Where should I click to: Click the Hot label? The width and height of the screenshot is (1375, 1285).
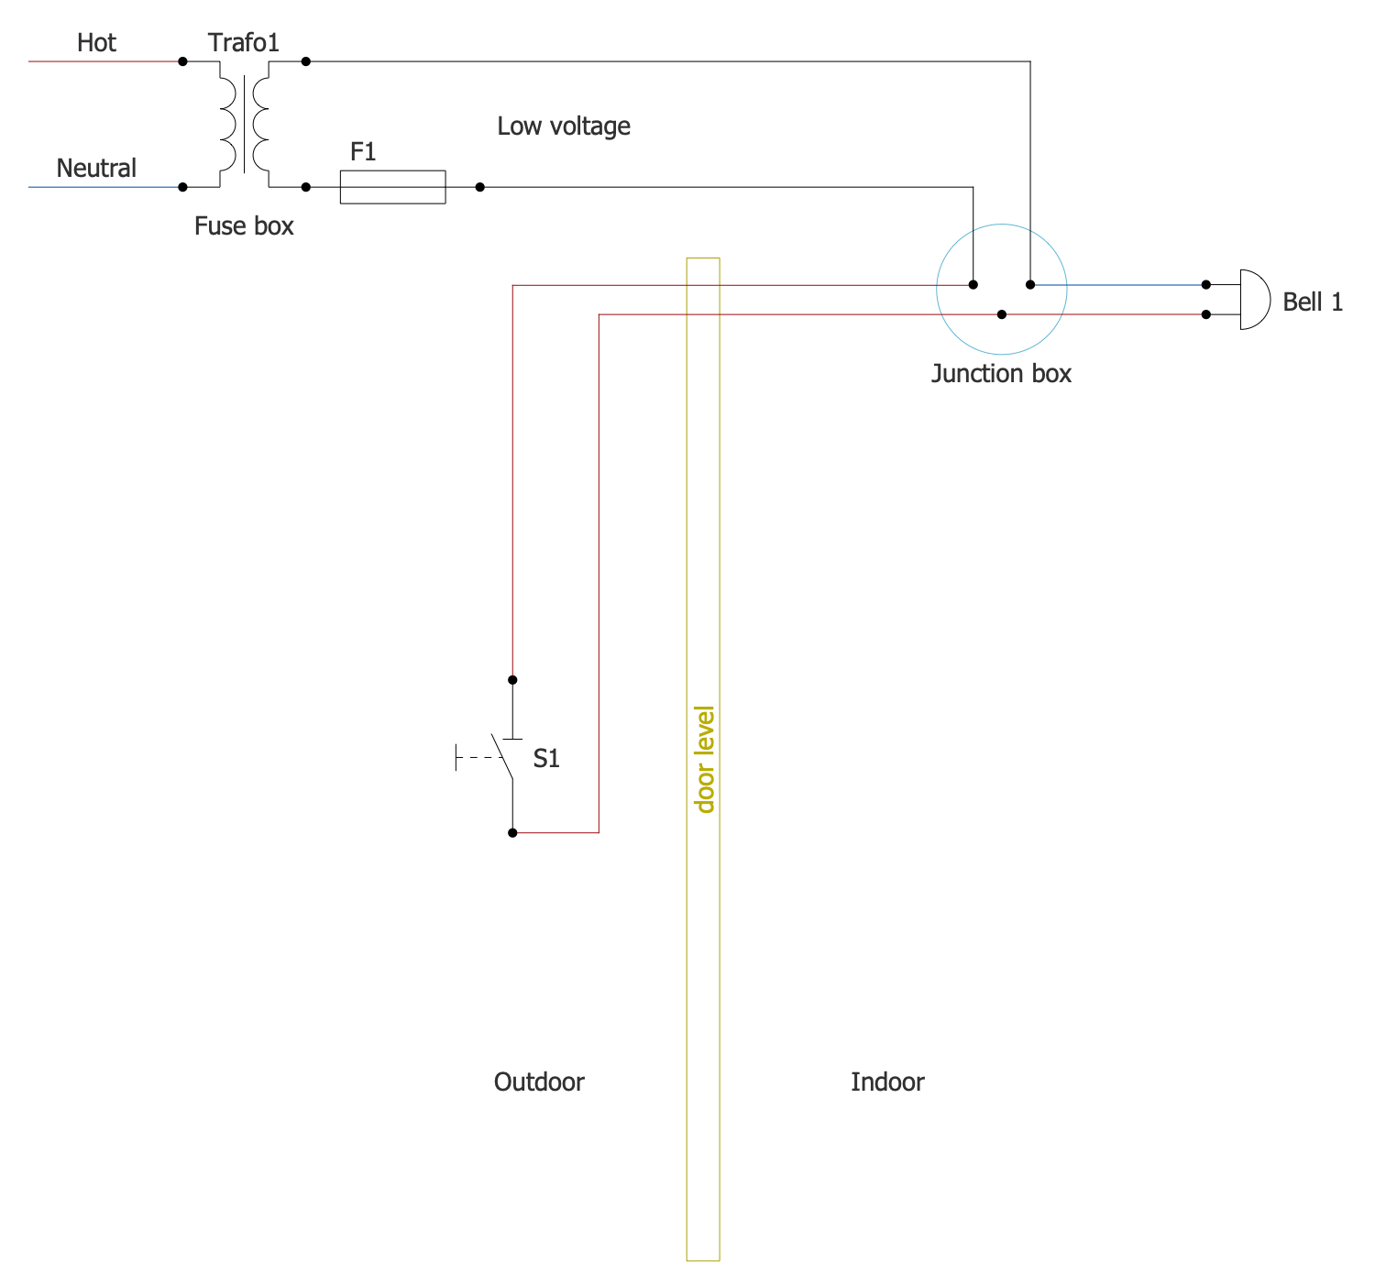[x=96, y=43]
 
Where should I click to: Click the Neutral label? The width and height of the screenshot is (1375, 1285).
[x=96, y=169]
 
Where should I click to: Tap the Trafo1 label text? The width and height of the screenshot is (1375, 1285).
[x=243, y=43]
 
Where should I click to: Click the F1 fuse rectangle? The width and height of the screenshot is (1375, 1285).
[x=392, y=187]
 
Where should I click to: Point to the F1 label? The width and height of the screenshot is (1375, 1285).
[x=363, y=152]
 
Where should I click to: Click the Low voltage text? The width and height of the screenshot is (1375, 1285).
[x=563, y=126]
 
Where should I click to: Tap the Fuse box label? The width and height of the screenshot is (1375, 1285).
[x=244, y=226]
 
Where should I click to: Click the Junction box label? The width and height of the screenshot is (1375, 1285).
[x=1001, y=374]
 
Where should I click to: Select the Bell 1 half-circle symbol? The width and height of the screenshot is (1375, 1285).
[x=1253, y=300]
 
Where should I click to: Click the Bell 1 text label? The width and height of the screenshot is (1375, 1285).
[x=1312, y=302]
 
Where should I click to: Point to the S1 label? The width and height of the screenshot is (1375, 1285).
[x=546, y=759]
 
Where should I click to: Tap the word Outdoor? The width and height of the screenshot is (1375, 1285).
[x=539, y=1082]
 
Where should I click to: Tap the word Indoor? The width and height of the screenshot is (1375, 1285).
[x=886, y=1082]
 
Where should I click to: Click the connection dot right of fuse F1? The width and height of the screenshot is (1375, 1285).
[x=479, y=187]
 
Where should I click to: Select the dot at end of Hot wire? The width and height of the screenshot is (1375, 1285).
[x=182, y=61]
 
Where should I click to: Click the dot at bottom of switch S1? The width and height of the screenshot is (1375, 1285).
[x=512, y=833]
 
